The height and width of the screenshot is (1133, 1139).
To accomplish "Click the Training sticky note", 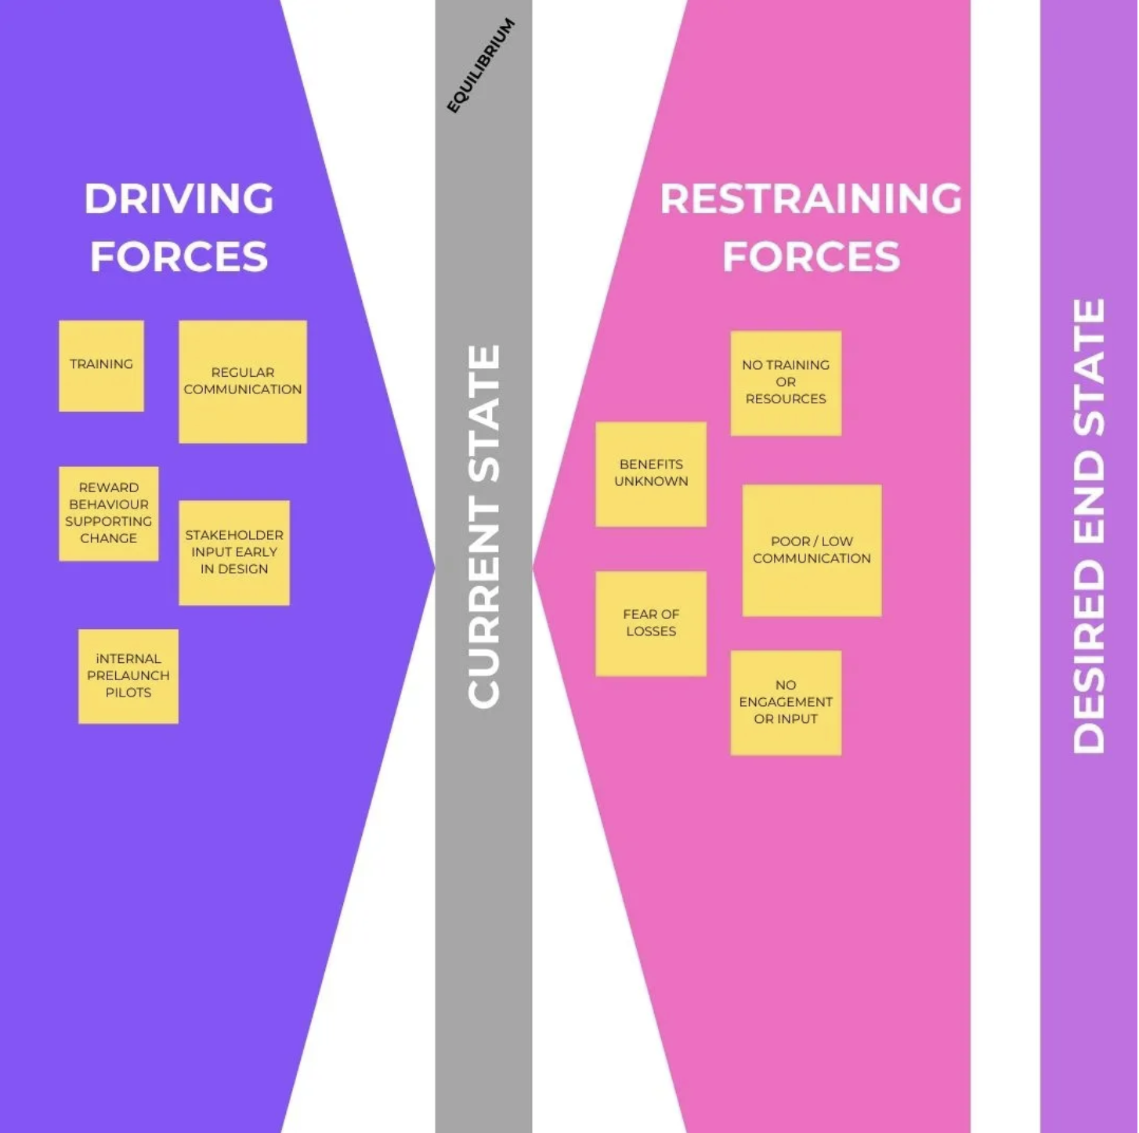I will pos(101,365).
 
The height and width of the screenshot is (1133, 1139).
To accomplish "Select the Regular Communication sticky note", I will pos(243,382).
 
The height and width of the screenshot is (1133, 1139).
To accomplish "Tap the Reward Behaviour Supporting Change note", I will pos(109,513).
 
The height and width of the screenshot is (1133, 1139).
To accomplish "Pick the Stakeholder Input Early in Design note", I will pos(234,552).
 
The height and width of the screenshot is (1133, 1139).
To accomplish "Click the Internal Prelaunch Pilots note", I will pos(128,676).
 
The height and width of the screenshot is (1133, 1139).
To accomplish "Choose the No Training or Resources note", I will pos(786,382).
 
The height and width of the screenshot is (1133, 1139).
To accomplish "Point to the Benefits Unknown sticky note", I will pos(651,473).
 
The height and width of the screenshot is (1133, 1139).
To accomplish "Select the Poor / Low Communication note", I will pos(812,550).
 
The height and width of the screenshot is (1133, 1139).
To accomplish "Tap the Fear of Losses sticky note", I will pos(651,623).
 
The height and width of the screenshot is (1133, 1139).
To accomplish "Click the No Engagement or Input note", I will pos(786,702).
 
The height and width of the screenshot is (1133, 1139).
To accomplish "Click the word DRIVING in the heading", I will pos(179,199).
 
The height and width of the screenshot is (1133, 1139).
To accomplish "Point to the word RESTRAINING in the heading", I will pos(811,199).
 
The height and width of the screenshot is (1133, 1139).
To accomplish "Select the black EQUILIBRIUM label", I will pos(481,66).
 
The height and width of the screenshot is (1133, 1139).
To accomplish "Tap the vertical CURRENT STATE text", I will pos(484,527).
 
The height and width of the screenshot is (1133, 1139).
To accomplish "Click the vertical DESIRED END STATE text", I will pos(1089,527).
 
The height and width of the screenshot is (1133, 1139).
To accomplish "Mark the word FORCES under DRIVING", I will pos(179,257).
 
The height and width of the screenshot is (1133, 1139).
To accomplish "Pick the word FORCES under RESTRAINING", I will pos(811,257).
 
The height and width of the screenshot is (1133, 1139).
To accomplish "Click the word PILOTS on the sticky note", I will pos(128,693).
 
